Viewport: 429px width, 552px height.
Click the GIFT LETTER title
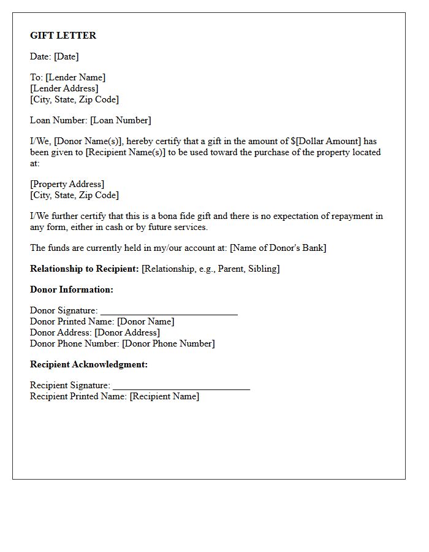(63, 36)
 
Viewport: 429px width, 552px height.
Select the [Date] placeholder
(66, 56)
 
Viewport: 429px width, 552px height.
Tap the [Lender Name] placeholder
(75, 77)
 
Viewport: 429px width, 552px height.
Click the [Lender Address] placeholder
(64, 88)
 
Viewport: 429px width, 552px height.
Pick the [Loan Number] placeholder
(120, 120)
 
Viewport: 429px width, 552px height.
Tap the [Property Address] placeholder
(67, 184)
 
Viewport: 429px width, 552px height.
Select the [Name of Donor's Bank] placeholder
(278, 248)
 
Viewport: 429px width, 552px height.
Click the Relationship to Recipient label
(85, 269)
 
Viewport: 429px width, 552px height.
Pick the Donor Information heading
(72, 289)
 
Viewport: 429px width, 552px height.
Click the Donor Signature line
(169, 312)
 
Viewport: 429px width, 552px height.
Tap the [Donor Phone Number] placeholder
(169, 343)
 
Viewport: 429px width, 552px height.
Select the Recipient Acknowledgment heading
(89, 364)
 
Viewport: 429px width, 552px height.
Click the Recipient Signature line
(181, 387)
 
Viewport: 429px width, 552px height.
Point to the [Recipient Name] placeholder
(164, 396)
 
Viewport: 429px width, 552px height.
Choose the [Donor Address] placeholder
(127, 332)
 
